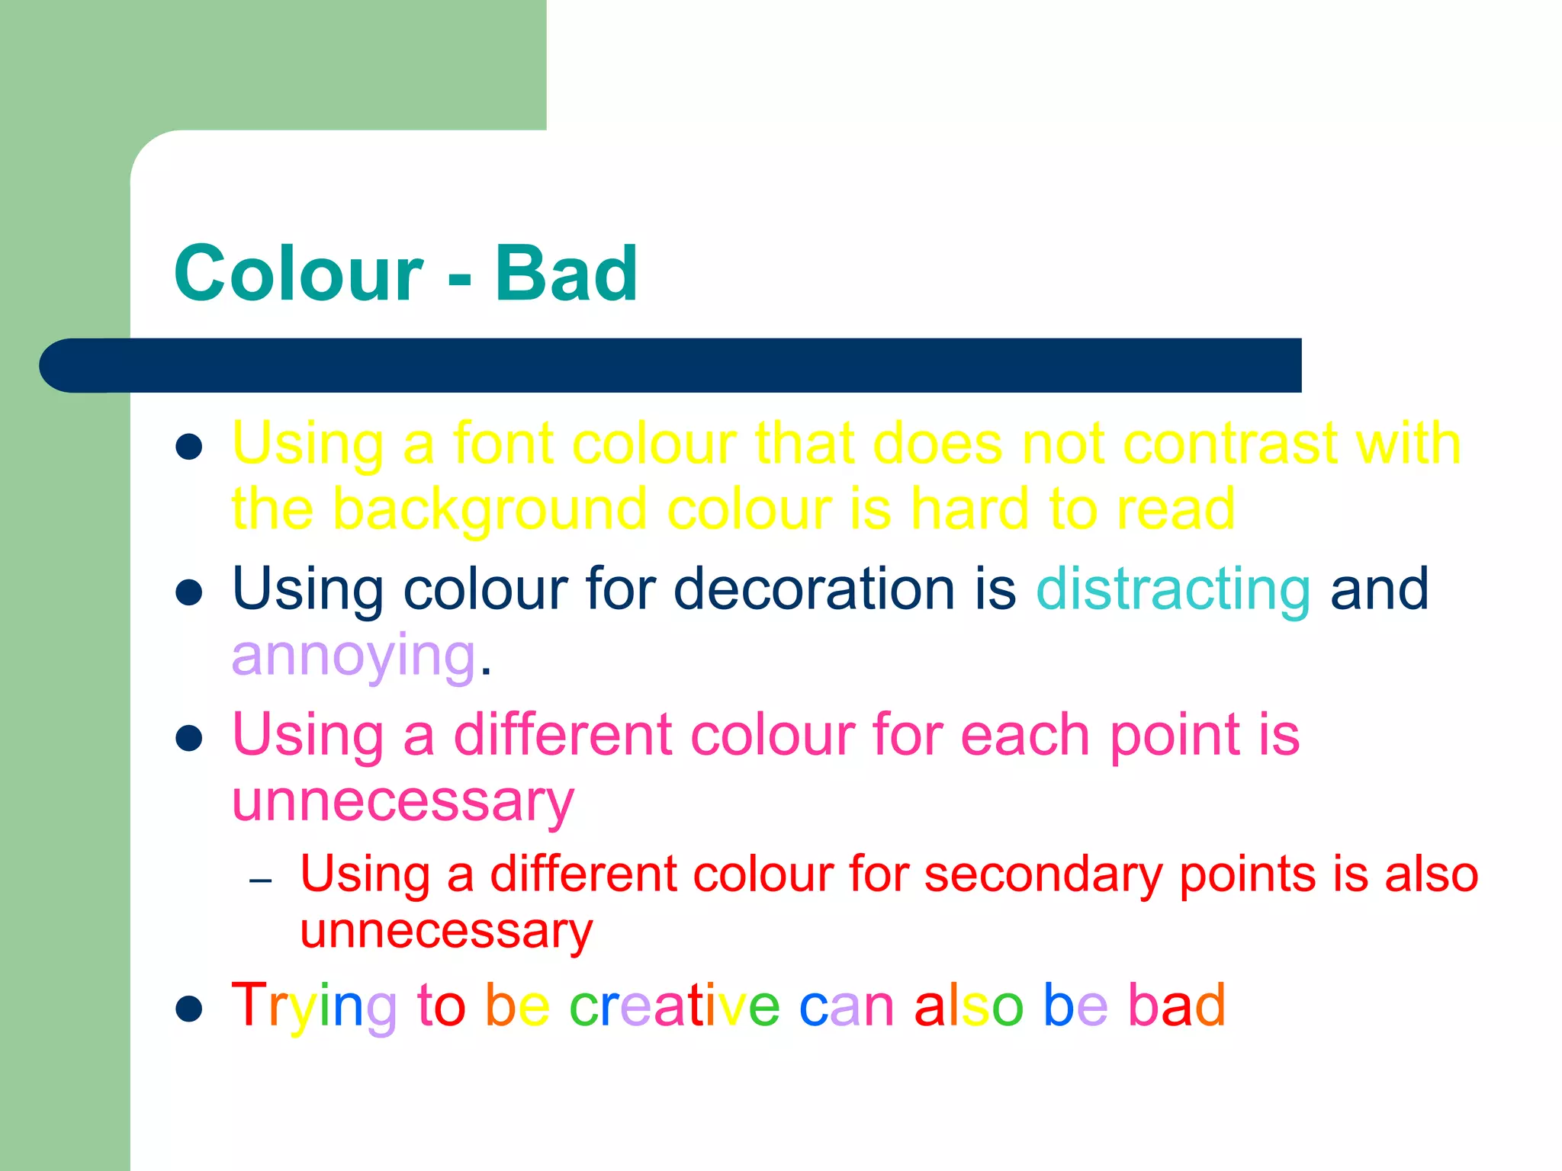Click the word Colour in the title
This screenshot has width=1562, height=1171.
coord(298,274)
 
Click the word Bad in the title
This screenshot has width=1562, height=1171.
coord(566,274)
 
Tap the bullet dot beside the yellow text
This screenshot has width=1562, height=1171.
coord(188,448)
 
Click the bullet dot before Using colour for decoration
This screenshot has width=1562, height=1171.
coord(188,592)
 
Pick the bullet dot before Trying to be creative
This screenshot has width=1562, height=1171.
coord(188,1009)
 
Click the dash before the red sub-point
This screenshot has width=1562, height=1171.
coord(261,881)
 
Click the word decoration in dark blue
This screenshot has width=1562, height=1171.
coord(814,589)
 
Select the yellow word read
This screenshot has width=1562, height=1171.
coord(1175,509)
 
